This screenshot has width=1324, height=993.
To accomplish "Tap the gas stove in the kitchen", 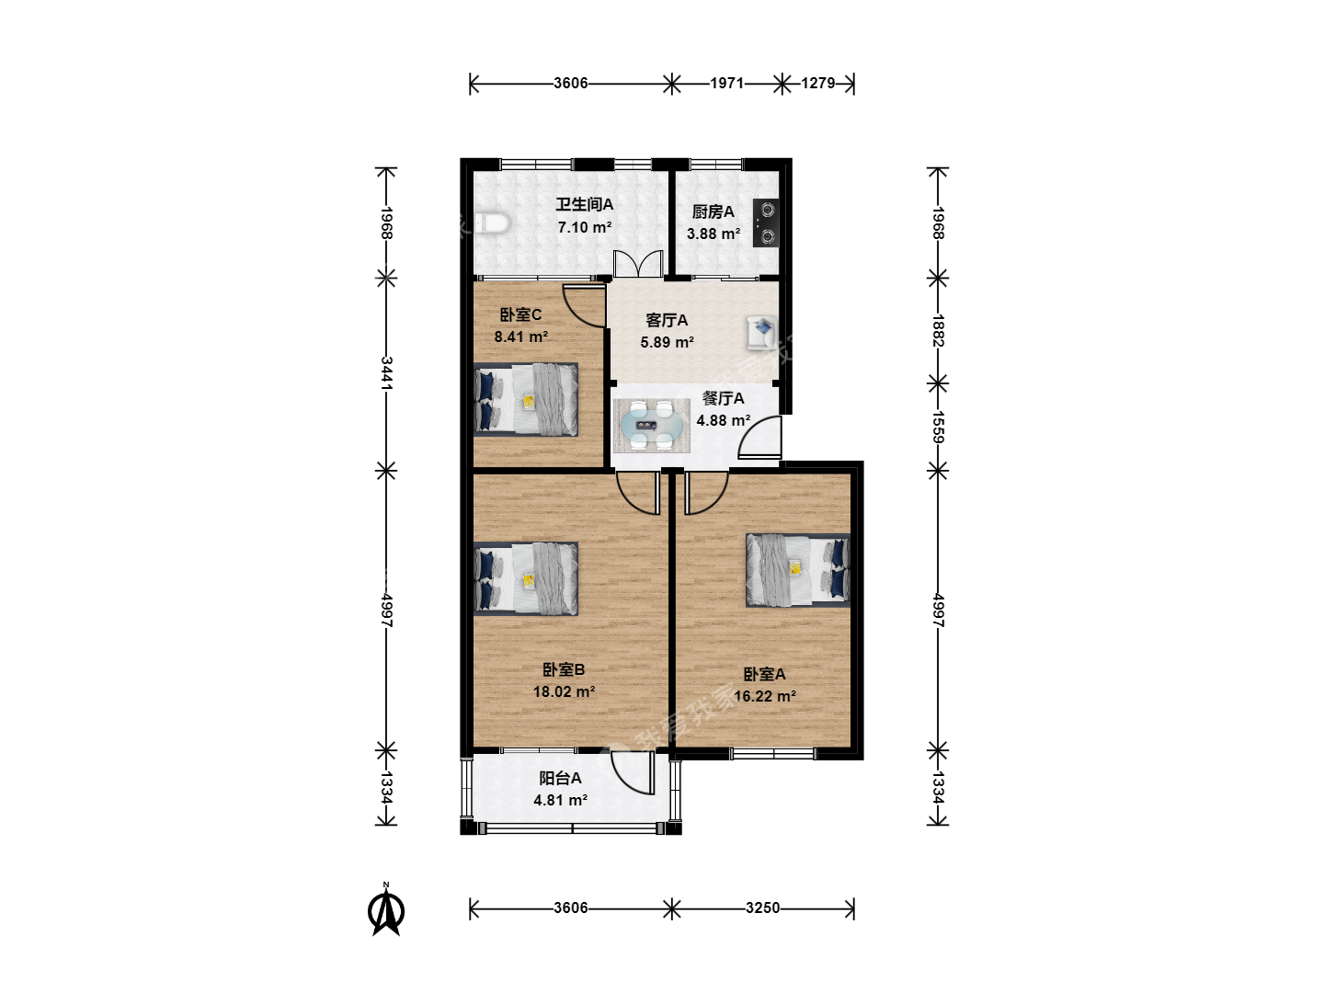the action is click(x=766, y=223).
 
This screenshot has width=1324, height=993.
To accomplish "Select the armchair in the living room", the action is click(x=762, y=333).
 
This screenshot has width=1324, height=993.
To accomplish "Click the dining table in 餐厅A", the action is click(x=652, y=427).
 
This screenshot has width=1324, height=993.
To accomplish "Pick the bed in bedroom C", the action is click(x=526, y=399).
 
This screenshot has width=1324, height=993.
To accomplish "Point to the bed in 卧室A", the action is click(x=797, y=570).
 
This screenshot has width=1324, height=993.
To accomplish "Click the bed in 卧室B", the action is click(x=526, y=579).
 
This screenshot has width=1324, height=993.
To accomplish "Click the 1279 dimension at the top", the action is click(x=817, y=83).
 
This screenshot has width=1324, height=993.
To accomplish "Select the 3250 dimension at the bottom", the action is click(x=762, y=908).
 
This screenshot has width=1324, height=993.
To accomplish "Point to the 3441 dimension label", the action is click(x=387, y=373).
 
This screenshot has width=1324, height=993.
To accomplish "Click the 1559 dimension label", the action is click(x=938, y=427).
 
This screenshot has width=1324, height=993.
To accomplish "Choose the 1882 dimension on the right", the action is click(x=938, y=330).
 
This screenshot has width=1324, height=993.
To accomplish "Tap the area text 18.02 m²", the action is click(x=564, y=691).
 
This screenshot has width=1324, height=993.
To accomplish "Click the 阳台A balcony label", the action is click(x=560, y=779).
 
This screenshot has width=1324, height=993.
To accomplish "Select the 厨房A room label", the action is click(x=713, y=211).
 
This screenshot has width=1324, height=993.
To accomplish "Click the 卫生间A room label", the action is click(x=585, y=204).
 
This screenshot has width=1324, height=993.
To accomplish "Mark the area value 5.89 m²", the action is click(x=668, y=342).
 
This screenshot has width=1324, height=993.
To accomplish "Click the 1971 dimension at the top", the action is click(x=727, y=83).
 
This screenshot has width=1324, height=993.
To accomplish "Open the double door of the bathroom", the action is click(x=638, y=264).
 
